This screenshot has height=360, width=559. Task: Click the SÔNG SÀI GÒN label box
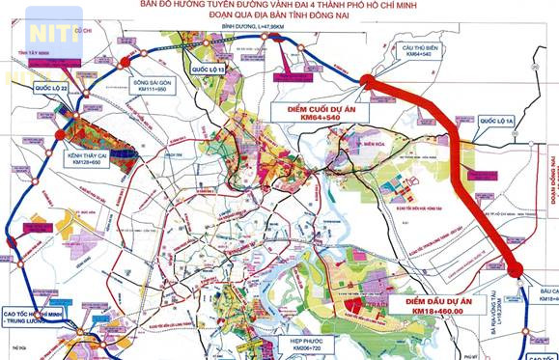point(151,87)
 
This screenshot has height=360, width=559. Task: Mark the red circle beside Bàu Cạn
point(516,270)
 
